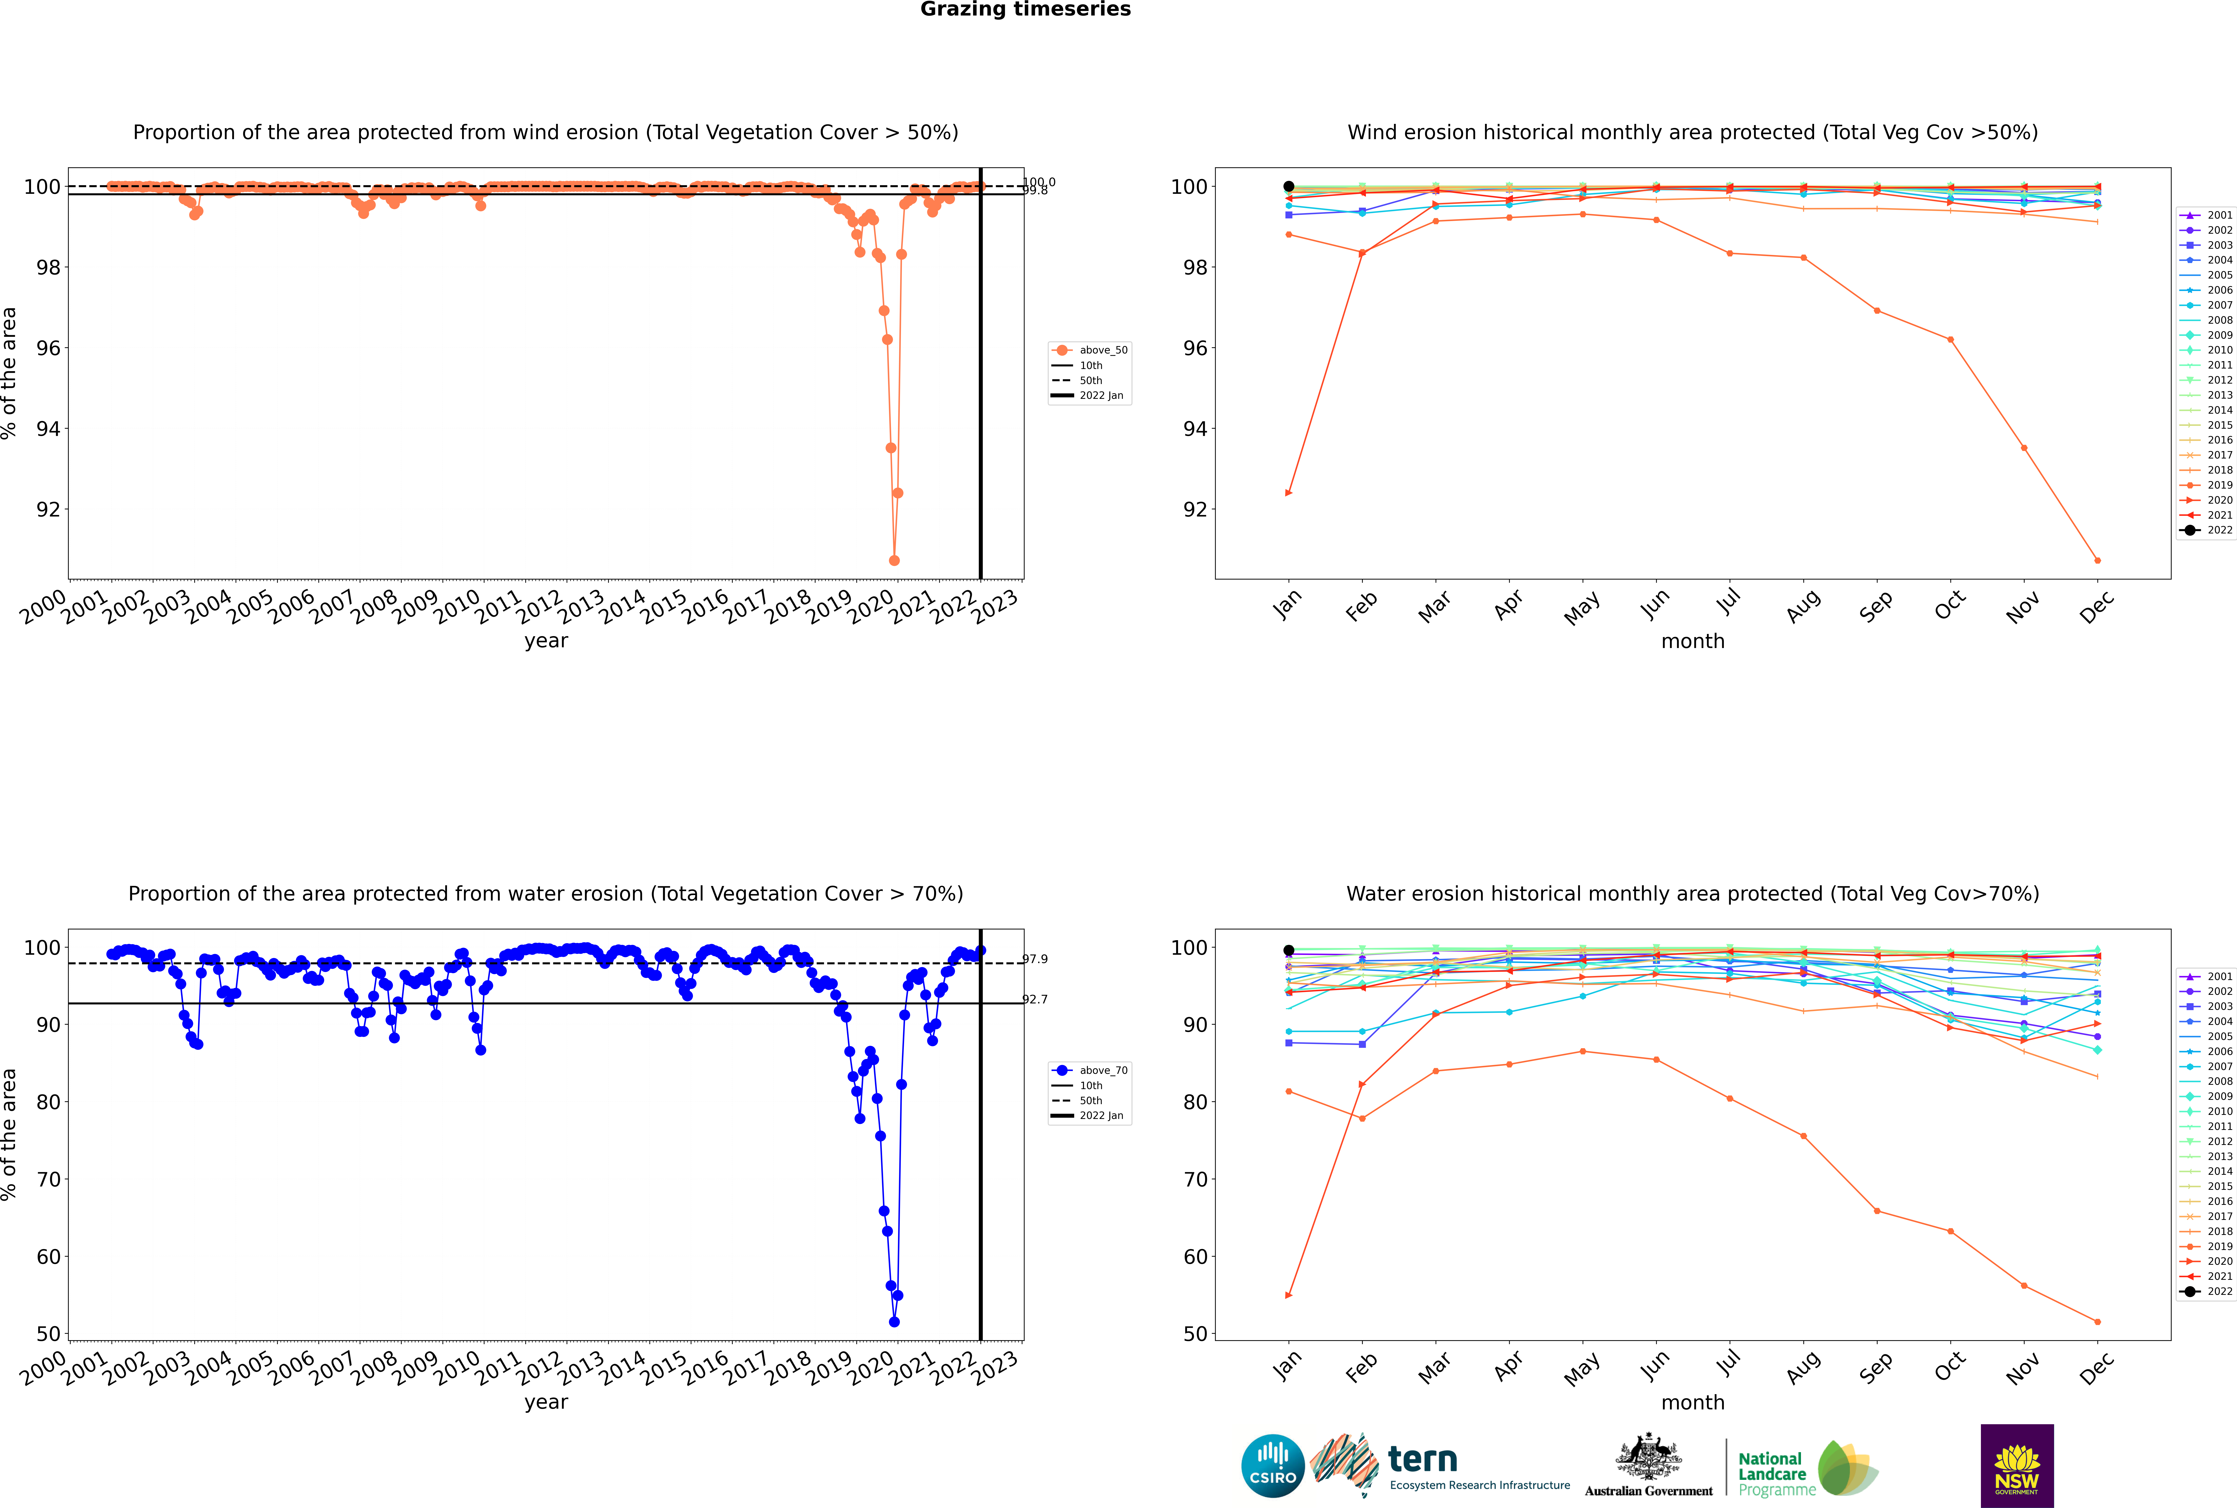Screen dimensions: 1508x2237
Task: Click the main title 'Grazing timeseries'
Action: point(1025,10)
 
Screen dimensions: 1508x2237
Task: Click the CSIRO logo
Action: point(1272,1467)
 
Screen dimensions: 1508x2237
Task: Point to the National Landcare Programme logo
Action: point(1806,1469)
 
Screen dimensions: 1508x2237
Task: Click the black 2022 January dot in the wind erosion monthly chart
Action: point(1289,187)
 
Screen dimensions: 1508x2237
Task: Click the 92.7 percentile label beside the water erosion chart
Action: point(1035,999)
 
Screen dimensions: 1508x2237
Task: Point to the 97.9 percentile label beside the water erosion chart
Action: point(1035,959)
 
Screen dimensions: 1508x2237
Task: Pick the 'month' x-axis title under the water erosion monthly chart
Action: point(1693,1402)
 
